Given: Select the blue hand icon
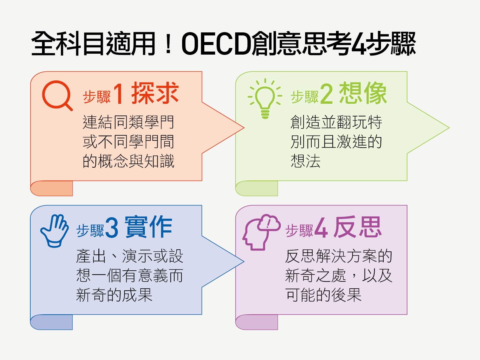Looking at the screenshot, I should (55, 231).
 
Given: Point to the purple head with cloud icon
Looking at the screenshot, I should (261, 232).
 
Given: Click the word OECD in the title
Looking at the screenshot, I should (216, 44).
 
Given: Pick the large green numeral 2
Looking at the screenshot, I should (327, 94).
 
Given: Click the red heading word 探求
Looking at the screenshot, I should (155, 93).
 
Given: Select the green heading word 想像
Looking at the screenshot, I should (363, 93).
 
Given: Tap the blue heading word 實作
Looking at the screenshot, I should (148, 227).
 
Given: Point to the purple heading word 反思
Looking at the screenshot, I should (358, 227).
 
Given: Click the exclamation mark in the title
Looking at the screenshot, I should (168, 44).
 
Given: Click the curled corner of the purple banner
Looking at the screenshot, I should (257, 322).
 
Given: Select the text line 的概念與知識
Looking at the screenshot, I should (128, 161).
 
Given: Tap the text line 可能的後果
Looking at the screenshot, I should (323, 295).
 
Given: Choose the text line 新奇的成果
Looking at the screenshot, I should (114, 295).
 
